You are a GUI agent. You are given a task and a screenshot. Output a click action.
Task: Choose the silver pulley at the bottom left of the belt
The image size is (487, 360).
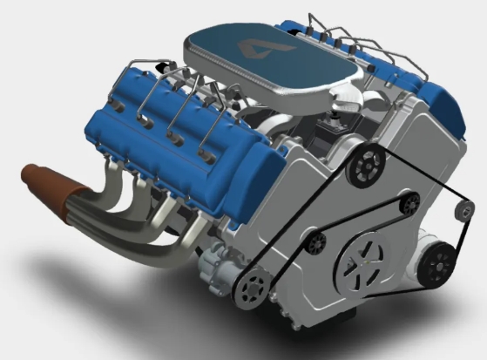pos(254,285)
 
